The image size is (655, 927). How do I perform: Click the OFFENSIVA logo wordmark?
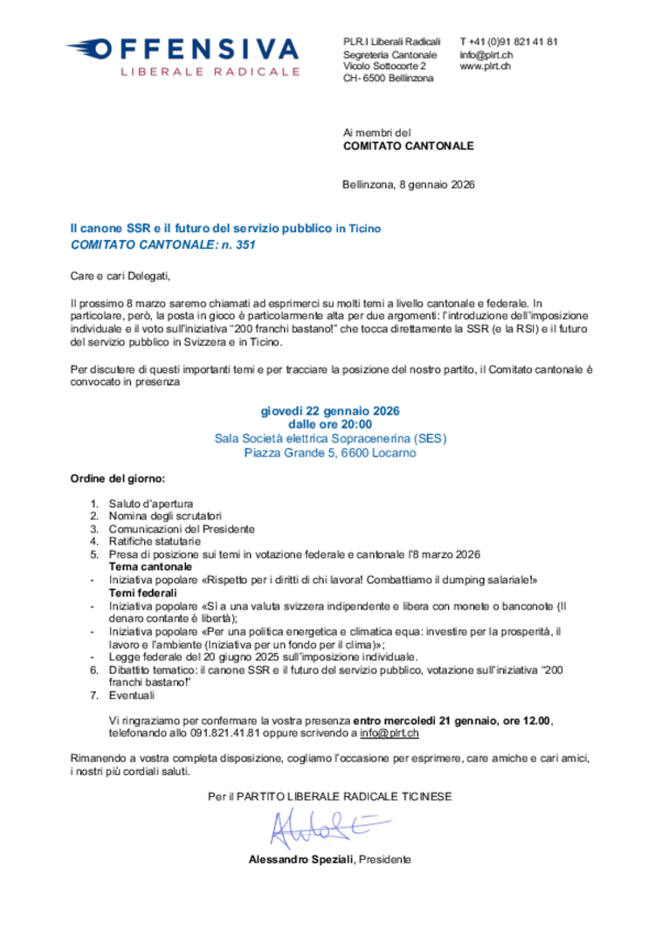193,49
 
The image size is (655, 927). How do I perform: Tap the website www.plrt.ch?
486,66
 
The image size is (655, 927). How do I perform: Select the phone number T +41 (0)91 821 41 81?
508,42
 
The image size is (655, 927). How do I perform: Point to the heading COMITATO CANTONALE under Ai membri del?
408,147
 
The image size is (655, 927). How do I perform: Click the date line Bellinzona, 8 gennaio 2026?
408,185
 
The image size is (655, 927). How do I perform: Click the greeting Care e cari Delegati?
121,277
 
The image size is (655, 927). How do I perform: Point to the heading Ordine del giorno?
117,480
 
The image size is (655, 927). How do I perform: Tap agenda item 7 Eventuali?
131,696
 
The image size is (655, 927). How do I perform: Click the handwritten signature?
325,825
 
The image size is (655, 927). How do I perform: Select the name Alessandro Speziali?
300,860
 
